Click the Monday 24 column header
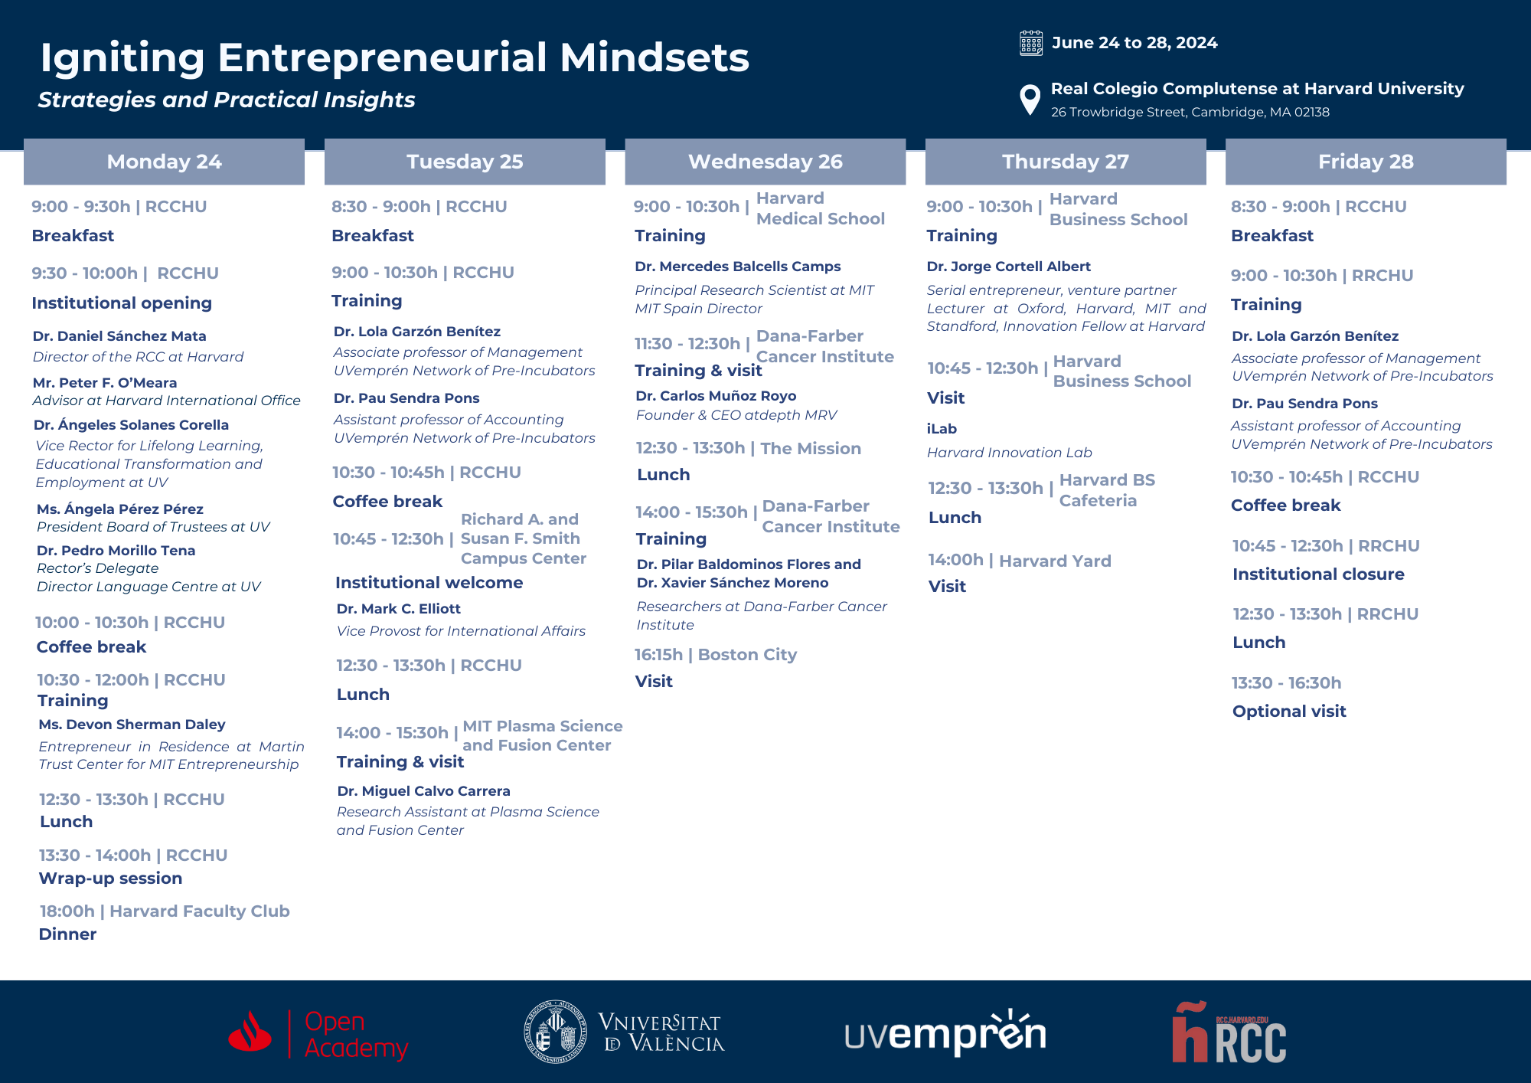164,162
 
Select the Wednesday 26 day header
765,162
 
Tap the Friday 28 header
1366,162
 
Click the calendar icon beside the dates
1031,43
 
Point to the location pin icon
1030,100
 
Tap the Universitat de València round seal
556,1031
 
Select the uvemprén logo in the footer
945,1032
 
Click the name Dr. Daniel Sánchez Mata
119,336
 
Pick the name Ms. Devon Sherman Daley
132,725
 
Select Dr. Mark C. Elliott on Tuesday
399,609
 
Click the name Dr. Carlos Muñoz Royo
716,396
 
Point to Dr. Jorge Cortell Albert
1009,267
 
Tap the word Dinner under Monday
67,934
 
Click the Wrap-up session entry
111,879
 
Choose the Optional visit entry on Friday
1289,712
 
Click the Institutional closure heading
1318,574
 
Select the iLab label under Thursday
942,429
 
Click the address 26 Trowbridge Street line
1190,113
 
